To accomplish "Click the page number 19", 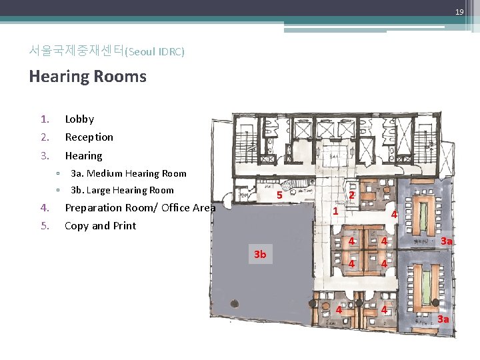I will (x=459, y=13).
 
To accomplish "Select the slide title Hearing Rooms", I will (x=87, y=76).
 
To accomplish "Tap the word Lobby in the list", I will (x=79, y=119).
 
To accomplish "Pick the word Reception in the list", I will (x=89, y=137).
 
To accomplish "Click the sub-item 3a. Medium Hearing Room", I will (x=128, y=173).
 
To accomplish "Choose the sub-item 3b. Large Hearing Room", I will (x=122, y=190).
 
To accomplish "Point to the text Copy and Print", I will (x=100, y=226).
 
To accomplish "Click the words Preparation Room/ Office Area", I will (x=140, y=208).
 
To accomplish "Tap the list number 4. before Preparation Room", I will (x=44, y=208).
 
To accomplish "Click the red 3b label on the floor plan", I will (x=260, y=255).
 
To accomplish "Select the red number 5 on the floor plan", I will (x=280, y=195).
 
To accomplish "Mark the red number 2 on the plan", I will (x=351, y=195).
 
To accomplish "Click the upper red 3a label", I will (x=447, y=241).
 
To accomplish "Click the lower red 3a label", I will (x=443, y=319).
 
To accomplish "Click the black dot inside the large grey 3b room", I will (x=233, y=303).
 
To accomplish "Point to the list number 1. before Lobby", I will (x=44, y=119).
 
